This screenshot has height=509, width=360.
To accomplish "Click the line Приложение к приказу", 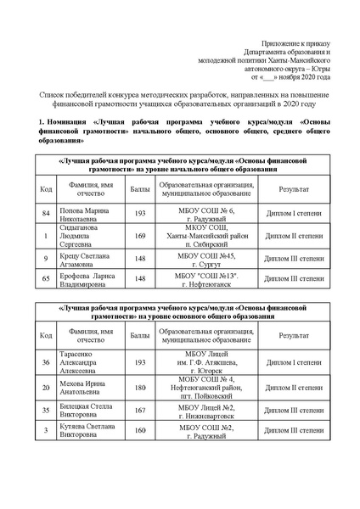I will pos(298,42).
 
